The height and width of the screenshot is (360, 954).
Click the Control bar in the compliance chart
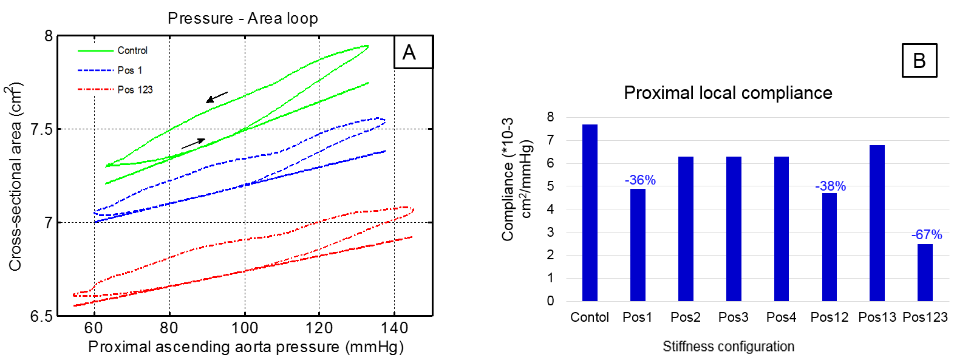(590, 212)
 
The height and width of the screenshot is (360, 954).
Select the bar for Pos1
(638, 245)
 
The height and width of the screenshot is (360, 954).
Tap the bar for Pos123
(925, 272)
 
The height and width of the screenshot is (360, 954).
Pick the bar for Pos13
(877, 223)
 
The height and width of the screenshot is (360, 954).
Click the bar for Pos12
(829, 246)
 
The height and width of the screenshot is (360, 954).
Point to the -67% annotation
(927, 234)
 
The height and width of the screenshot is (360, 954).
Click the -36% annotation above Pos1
(640, 180)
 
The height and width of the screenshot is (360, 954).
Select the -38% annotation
(830, 186)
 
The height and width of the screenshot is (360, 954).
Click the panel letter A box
(413, 52)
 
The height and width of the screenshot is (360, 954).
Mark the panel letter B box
(919, 60)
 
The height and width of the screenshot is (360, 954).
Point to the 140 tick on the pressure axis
(394, 328)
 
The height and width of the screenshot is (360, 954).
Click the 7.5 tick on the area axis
(42, 129)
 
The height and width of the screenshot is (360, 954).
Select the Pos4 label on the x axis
(781, 317)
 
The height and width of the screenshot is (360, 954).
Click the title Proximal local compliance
(727, 93)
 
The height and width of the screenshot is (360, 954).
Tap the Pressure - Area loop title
(243, 18)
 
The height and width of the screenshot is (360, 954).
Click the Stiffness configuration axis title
(728, 347)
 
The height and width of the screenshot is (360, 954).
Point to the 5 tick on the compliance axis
(550, 186)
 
